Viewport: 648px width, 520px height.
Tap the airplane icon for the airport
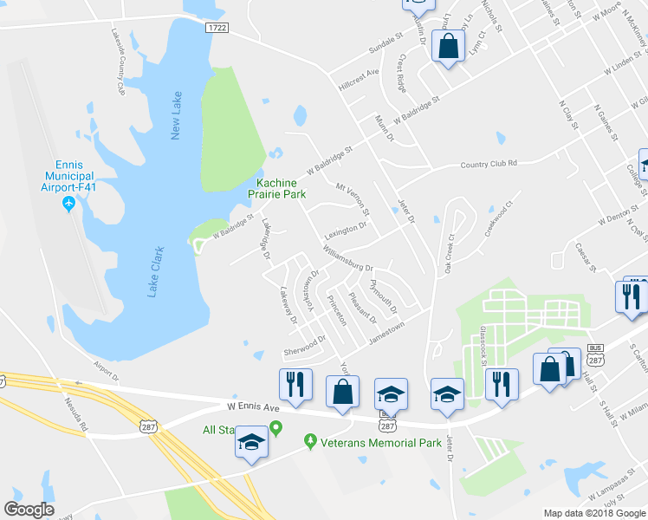point(69,204)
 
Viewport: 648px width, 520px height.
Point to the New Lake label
point(177,115)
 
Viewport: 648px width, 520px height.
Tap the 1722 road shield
point(217,28)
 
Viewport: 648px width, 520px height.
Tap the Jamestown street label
point(386,331)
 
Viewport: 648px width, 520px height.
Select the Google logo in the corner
point(29,510)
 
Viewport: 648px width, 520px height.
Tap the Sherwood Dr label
point(303,346)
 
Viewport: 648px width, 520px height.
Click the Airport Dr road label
point(104,370)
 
